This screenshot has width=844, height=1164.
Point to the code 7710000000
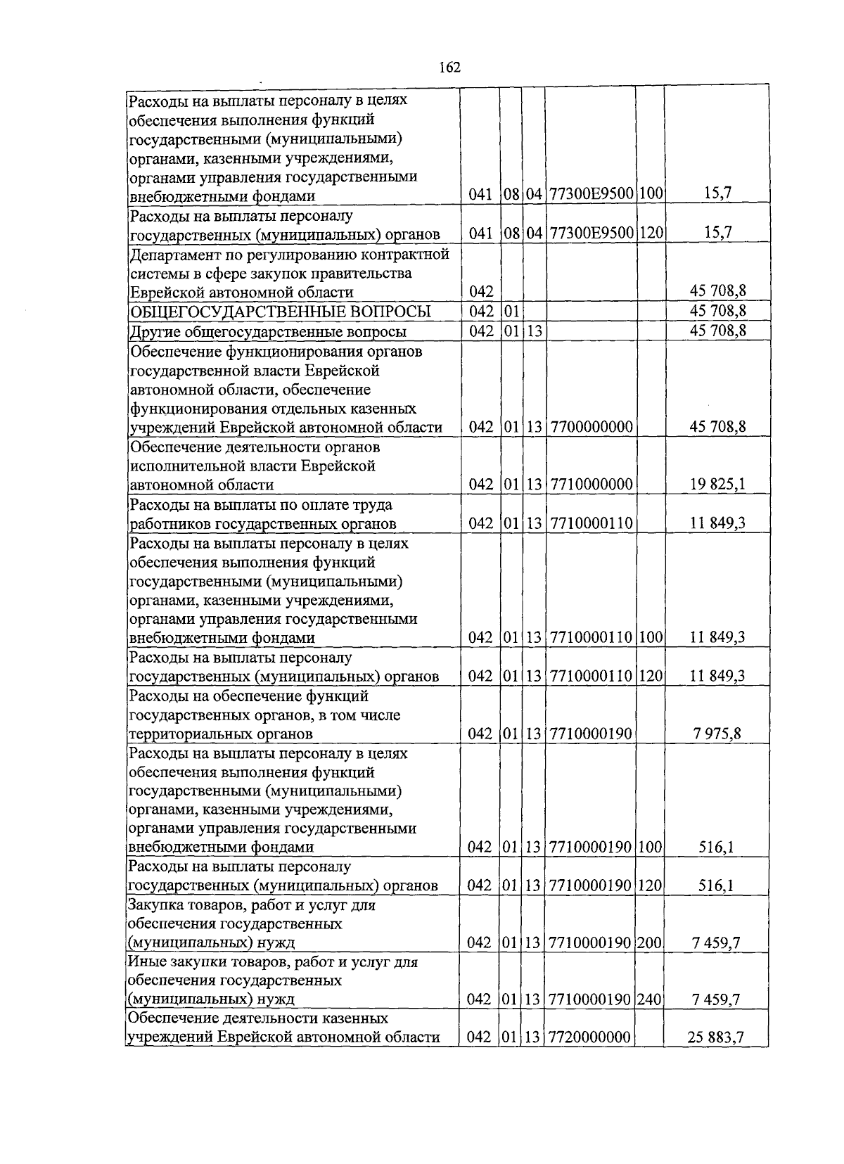click(591, 485)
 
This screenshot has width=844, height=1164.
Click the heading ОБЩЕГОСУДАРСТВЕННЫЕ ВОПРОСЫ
click(279, 312)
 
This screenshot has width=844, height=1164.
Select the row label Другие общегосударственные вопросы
click(268, 331)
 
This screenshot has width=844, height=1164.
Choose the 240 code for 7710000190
click(649, 999)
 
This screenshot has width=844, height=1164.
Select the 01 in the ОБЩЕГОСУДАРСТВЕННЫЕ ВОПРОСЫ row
click(511, 312)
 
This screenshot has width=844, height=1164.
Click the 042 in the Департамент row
click(480, 292)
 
